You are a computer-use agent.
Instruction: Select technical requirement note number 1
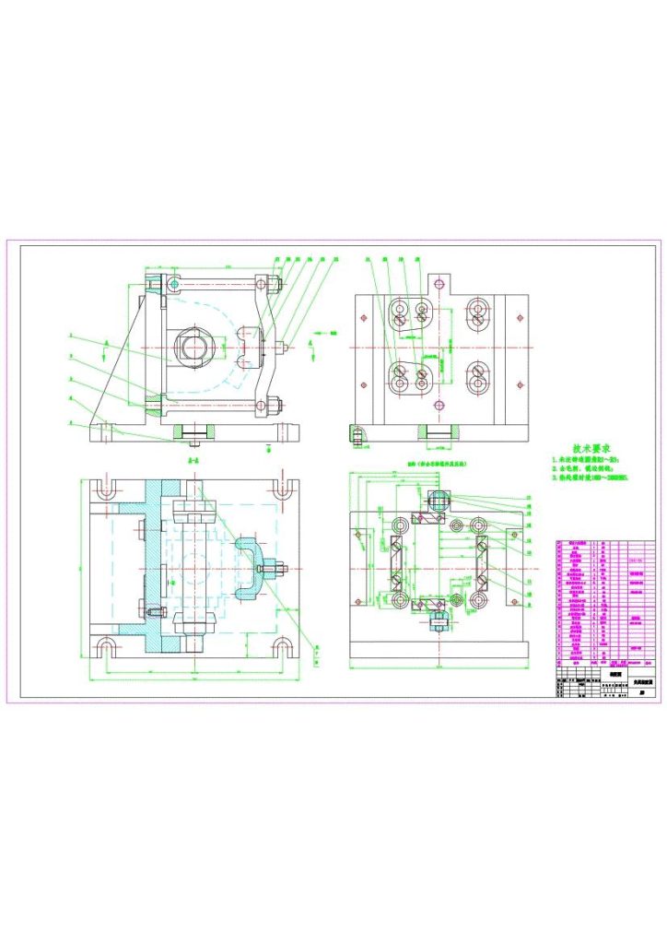[x=589, y=459]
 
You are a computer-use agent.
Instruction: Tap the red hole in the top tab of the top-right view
[x=439, y=281]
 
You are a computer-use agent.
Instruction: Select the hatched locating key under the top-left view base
[x=194, y=431]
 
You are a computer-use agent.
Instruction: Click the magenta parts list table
[x=603, y=605]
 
